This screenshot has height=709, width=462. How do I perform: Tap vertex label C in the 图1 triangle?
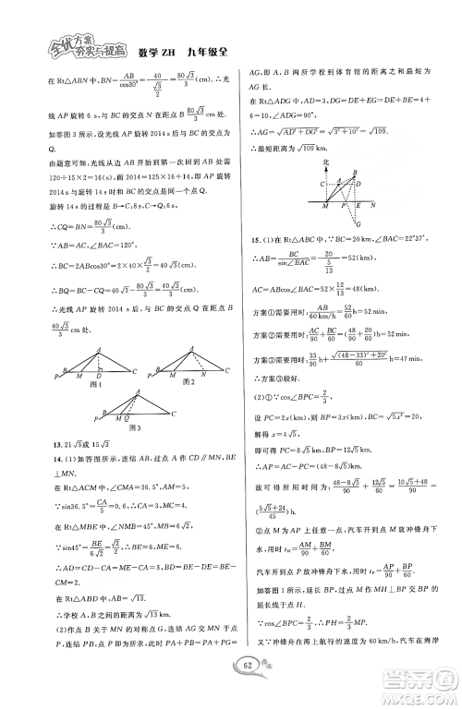135,371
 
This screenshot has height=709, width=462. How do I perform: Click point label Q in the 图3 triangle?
128,419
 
